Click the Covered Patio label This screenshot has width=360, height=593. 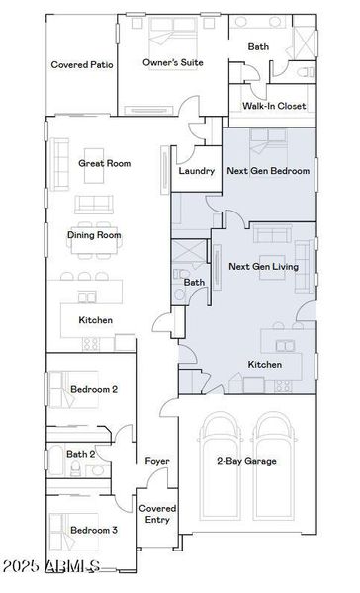(x=81, y=64)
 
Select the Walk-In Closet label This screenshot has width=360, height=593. (x=274, y=106)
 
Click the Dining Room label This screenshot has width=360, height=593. (x=94, y=235)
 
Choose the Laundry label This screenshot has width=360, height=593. (x=197, y=171)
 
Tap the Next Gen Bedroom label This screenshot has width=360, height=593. (x=268, y=171)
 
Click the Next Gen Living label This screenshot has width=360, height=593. (x=263, y=267)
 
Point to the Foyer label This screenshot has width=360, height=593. (x=156, y=461)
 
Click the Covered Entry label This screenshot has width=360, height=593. (x=157, y=514)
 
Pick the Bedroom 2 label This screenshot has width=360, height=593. (x=94, y=390)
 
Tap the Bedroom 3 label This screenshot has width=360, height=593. (x=94, y=531)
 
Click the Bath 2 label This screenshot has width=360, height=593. (x=80, y=454)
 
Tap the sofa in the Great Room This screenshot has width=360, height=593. (x=94, y=205)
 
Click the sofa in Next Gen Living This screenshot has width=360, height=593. (x=271, y=234)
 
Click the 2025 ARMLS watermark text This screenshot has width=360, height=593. (x=51, y=566)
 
